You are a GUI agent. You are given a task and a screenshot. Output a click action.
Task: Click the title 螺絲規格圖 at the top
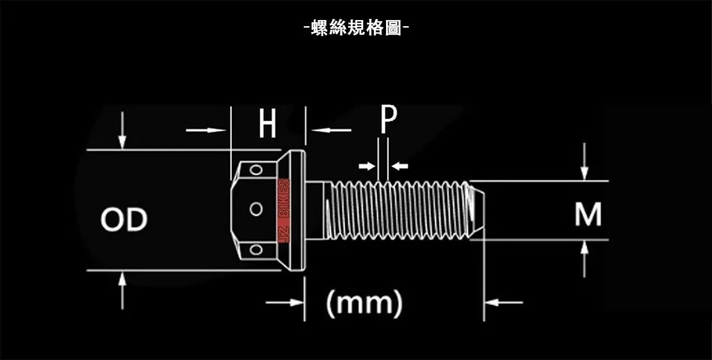click(x=356, y=27)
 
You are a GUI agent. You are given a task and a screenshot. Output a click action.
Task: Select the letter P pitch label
click(x=388, y=119)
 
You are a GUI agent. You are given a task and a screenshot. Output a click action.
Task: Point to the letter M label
click(x=588, y=215)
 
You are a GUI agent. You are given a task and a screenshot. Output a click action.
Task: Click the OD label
click(x=123, y=220)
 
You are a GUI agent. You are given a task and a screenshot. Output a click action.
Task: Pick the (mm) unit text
click(x=364, y=303)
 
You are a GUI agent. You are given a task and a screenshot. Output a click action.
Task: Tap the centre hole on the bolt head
click(x=256, y=209)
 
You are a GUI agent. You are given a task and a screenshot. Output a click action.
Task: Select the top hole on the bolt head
click(x=256, y=169)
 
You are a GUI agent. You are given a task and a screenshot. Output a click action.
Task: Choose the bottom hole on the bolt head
click(x=256, y=249)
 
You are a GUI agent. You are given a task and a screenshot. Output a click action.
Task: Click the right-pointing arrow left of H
click(x=206, y=130)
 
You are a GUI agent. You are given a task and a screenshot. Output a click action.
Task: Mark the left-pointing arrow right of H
click(x=332, y=130)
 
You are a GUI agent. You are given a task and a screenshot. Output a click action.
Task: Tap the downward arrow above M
click(x=584, y=161)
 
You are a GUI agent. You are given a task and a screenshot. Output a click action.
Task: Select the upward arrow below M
click(x=584, y=259)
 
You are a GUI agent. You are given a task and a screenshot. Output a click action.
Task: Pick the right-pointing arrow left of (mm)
click(x=285, y=303)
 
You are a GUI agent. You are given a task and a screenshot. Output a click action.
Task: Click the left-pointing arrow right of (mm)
click(x=504, y=303)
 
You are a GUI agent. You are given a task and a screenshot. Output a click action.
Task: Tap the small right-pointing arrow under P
click(x=367, y=166)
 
